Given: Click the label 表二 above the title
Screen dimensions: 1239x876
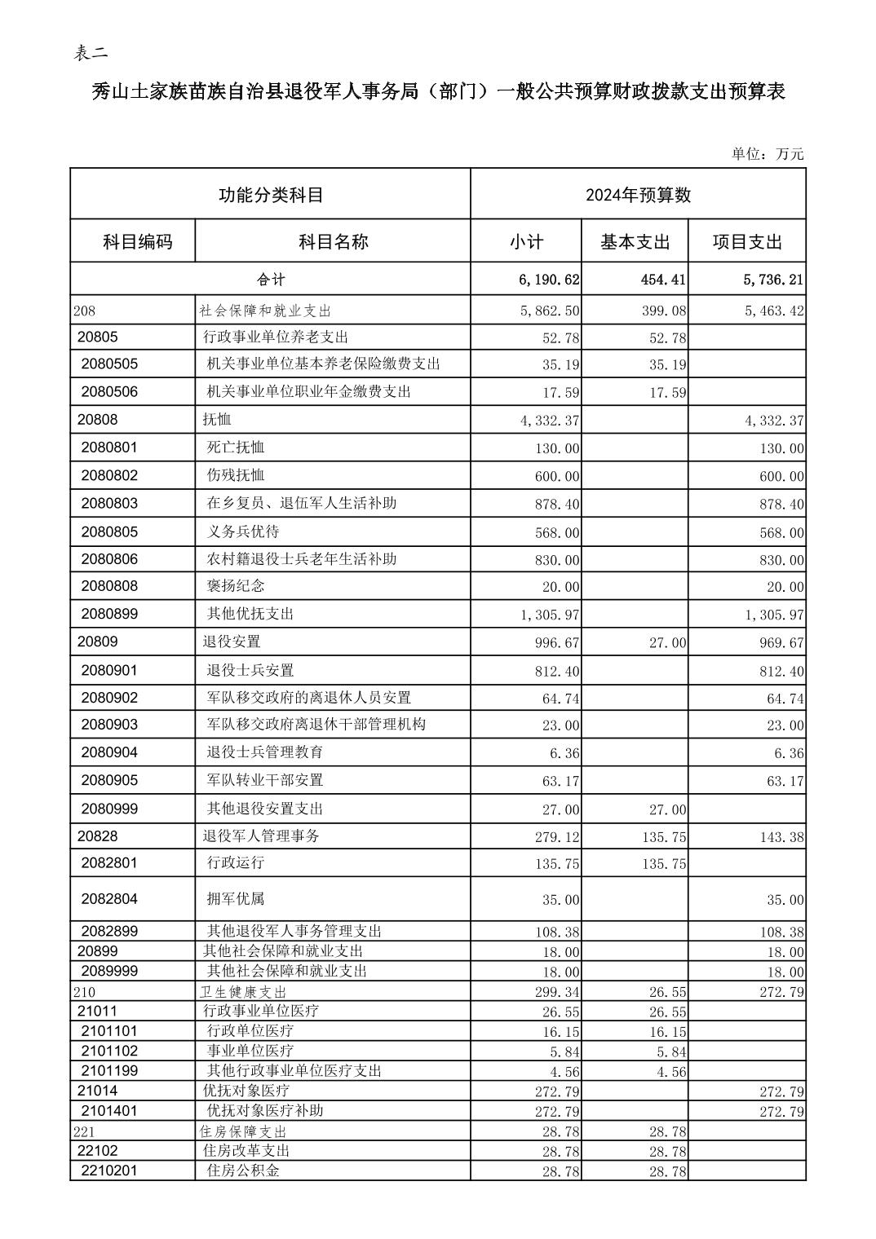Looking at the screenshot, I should point(91,54).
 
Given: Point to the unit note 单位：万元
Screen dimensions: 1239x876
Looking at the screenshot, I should point(767,154).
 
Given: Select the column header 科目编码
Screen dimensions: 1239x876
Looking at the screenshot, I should point(137,241).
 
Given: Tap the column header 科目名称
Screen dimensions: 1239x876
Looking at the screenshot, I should point(333,241).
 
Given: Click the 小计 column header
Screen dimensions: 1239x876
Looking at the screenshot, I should point(526,242).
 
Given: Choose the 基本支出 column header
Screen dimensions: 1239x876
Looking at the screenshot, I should point(635,242).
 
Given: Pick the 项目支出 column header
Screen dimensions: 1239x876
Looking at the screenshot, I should point(747,242).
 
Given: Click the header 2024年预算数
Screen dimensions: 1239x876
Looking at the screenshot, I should point(638,195).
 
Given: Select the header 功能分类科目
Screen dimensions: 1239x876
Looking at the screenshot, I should point(271,195).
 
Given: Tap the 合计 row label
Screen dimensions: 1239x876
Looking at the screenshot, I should point(271,280).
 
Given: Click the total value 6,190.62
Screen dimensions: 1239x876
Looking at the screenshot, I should point(549,280).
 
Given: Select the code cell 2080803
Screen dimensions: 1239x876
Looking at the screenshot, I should point(109,504).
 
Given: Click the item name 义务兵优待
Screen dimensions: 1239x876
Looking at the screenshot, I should point(243,531).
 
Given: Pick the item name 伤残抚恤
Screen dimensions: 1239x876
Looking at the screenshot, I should point(236,475).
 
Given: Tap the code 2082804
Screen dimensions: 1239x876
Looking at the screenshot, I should point(109,899).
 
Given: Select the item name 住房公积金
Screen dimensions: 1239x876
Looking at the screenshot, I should point(243,1171).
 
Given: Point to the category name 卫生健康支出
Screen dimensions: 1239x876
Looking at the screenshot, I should point(243,992).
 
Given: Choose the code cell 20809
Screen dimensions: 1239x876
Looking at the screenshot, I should point(98,642).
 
